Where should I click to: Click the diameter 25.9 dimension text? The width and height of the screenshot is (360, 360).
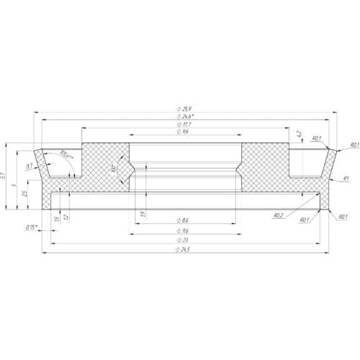(184, 108)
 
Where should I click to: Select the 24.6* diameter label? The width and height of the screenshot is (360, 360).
(185, 116)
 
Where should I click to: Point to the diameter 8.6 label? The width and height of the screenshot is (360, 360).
(184, 220)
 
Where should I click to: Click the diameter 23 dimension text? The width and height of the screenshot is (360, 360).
(184, 240)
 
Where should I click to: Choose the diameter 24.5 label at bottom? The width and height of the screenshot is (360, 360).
(184, 249)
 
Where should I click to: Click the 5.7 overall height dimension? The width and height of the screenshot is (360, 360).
(6, 176)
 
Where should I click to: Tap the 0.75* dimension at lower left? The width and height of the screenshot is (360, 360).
(31, 228)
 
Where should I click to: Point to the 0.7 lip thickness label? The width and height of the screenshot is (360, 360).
(30, 166)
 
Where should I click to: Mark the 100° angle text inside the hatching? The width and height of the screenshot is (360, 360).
(114, 169)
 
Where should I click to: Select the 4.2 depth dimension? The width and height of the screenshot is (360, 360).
(299, 134)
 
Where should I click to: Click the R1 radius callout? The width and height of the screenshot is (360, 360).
(346, 178)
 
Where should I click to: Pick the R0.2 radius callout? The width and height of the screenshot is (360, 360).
(278, 215)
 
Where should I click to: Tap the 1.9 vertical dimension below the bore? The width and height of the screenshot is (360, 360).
(143, 214)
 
